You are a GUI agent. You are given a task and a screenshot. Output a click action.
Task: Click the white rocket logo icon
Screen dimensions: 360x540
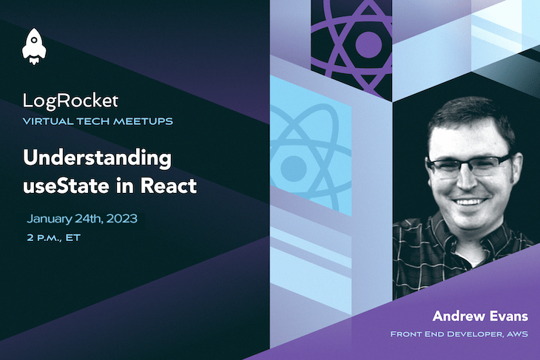[x=35, y=46]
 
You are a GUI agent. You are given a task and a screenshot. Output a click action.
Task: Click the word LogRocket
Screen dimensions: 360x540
[x=70, y=99]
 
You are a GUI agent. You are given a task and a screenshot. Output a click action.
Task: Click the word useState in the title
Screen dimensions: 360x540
[x=60, y=185]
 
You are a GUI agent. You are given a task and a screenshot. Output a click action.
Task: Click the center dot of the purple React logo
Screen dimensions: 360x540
[x=368, y=43]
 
